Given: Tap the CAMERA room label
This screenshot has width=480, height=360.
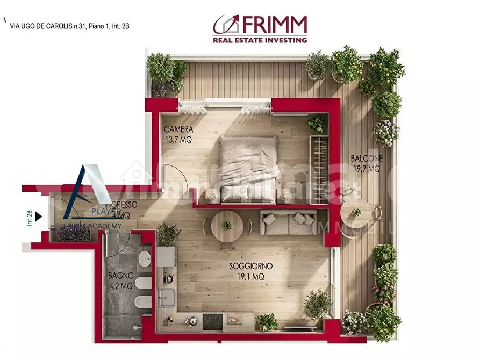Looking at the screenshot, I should (178, 129).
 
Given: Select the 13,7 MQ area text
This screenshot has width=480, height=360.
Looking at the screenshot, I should (178, 140).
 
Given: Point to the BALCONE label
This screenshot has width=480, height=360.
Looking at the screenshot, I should (367, 159).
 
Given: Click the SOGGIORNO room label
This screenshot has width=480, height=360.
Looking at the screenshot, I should (251, 266).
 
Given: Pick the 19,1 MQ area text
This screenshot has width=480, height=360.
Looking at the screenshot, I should (251, 277).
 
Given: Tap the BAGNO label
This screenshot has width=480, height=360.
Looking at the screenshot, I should (120, 275).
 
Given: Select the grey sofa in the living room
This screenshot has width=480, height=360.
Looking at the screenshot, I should (289, 222).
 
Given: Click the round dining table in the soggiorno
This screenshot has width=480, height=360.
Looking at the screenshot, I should (227, 226).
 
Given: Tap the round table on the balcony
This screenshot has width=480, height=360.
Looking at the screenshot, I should (356, 213).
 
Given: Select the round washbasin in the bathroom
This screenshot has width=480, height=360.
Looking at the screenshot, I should (145, 260).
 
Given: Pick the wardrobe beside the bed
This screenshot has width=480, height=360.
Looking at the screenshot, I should (319, 170).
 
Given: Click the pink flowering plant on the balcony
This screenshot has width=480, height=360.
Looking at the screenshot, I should (386, 132).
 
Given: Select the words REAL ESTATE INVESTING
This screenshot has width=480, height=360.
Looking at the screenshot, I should (260, 39).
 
